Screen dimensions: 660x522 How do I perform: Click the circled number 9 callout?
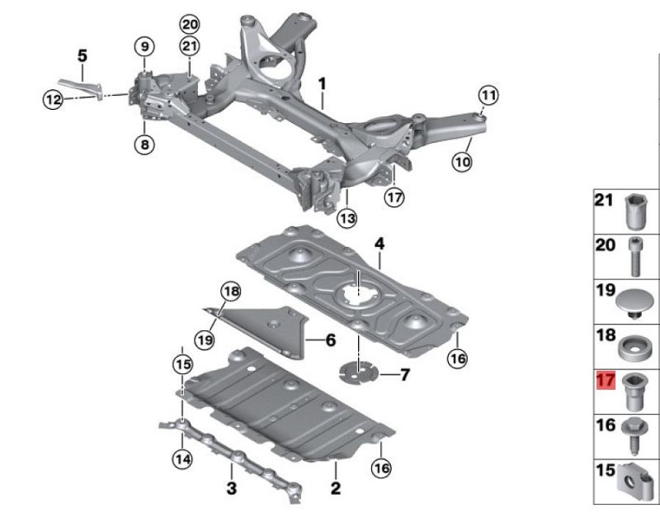click(145, 46)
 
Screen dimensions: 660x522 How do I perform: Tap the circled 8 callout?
click(144, 145)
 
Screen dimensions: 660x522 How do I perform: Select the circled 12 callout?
click(54, 100)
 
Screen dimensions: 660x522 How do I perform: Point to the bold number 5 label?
click(82, 56)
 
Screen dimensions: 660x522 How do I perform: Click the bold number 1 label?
click(322, 84)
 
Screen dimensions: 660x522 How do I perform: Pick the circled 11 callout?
click(488, 96)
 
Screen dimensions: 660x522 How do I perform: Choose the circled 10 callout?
click(462, 162)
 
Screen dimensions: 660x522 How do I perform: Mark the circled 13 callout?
click(347, 219)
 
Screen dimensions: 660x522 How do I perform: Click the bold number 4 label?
click(379, 244)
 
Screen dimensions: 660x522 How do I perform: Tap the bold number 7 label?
click(404, 374)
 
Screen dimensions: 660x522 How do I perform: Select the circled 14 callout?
click(182, 458)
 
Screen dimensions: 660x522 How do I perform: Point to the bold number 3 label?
click(232, 489)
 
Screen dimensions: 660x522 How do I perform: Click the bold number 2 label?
click(336, 488)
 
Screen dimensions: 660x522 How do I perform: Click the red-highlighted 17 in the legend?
click(606, 381)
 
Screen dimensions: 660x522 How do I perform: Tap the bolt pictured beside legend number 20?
click(635, 256)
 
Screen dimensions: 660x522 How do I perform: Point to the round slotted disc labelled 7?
click(359, 373)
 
